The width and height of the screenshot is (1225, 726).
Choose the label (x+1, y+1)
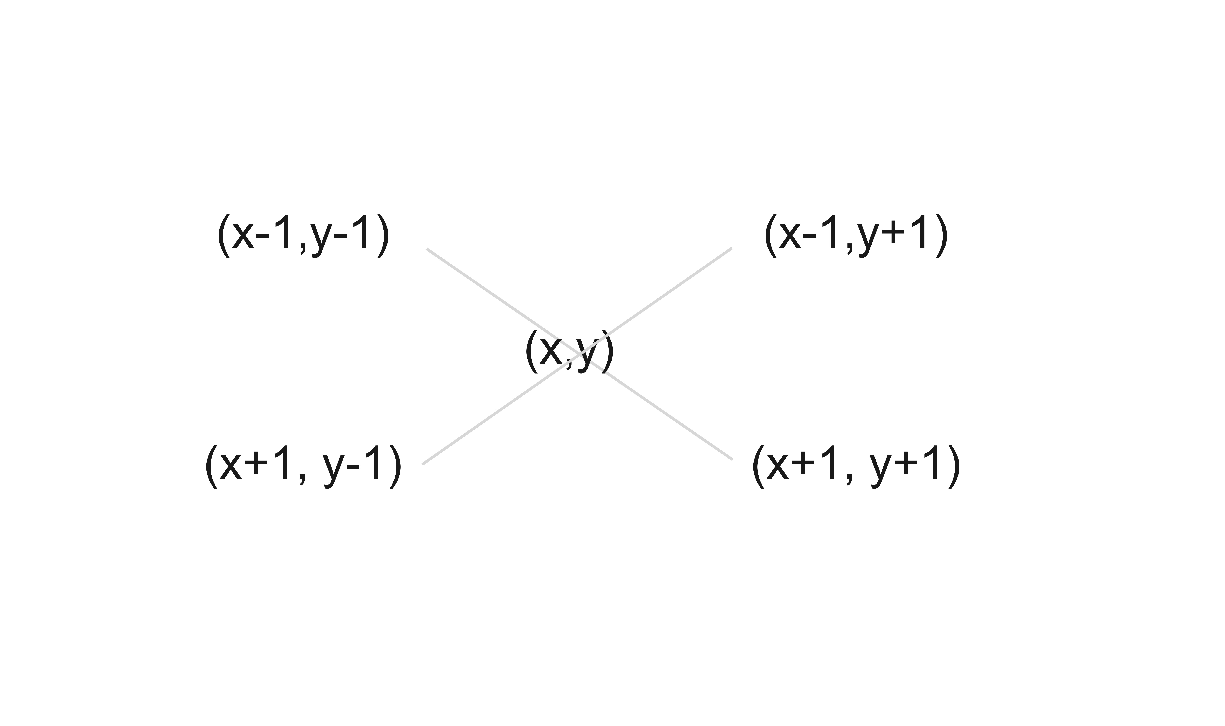coord(855,466)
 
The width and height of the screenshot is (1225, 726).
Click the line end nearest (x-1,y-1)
coord(428,249)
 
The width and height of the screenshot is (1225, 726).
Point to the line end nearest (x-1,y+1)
coord(732,249)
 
